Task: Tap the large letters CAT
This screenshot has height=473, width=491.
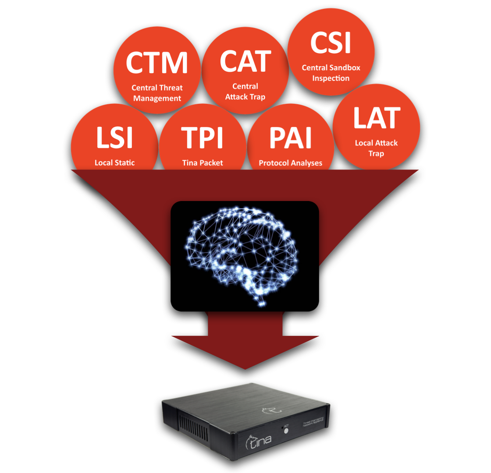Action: [x=245, y=61]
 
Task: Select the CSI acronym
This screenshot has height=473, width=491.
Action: [x=331, y=43]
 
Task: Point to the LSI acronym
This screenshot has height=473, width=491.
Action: [x=114, y=138]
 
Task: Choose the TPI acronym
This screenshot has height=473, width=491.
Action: [x=202, y=138]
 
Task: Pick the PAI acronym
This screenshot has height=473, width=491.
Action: [x=290, y=138]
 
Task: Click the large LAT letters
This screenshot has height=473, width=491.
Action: [x=377, y=117]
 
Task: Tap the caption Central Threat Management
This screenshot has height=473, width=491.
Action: [x=157, y=93]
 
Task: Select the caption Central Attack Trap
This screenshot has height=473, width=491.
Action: [x=245, y=92]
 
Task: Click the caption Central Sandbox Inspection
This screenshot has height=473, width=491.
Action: [x=331, y=73]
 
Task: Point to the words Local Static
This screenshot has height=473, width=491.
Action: [x=114, y=163]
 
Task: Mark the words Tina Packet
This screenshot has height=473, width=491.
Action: [x=203, y=163]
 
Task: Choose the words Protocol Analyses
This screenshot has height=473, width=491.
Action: [x=290, y=163]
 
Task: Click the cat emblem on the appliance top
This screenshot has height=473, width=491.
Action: [x=268, y=409]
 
